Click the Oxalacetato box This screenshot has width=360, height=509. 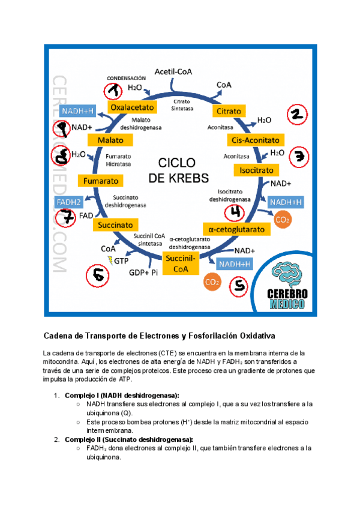point(132,107)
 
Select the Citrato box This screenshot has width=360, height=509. point(229,112)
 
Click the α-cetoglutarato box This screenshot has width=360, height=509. point(237,229)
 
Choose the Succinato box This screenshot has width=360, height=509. point(116,224)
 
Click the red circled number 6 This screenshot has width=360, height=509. point(98,276)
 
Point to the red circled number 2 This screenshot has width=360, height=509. point(297,115)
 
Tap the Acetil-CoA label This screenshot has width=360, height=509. point(174,71)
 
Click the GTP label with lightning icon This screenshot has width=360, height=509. point(118,260)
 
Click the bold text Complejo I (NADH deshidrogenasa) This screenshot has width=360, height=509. point(121,396)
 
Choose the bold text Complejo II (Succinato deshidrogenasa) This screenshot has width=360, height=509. point(128,439)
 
